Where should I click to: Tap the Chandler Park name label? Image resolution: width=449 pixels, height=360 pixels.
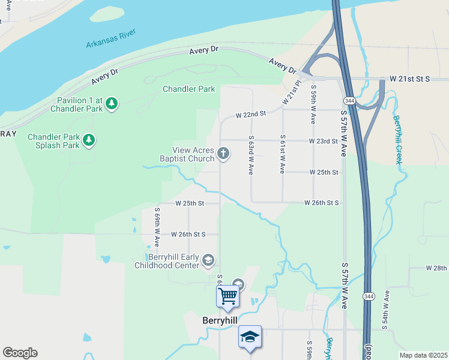click(188, 89)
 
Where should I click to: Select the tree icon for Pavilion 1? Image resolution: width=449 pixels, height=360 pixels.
click(112, 104)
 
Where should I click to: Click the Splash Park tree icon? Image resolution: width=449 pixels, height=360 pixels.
click(89, 140)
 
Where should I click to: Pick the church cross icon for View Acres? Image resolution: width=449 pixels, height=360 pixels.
click(223, 154)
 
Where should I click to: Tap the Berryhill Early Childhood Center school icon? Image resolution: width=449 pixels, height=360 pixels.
click(208, 260)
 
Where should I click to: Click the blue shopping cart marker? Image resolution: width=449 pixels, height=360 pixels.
click(228, 296)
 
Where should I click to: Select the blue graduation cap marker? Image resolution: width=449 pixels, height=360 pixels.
click(250, 337)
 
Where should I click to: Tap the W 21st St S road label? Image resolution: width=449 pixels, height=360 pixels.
click(410, 79)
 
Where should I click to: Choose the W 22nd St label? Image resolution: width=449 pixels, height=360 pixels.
click(250, 114)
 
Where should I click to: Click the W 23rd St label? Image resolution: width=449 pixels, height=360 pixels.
click(324, 141)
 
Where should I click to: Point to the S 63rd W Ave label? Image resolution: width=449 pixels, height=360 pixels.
click(250, 155)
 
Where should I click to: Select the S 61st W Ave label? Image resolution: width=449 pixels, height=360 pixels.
click(282, 155)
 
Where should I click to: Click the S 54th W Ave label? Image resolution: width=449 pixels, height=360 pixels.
click(386, 310)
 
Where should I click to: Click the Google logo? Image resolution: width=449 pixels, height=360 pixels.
click(20, 353)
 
